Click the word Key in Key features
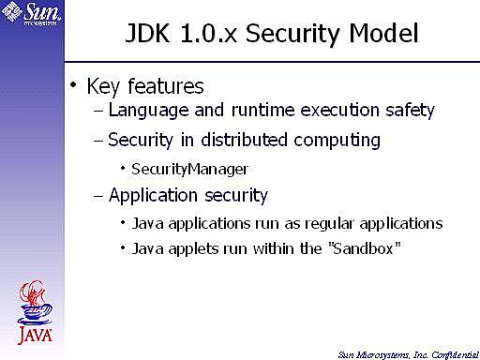point(101,88)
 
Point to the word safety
point(409,111)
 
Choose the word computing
point(336,142)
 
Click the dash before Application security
point(99,196)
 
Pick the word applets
point(187,251)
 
